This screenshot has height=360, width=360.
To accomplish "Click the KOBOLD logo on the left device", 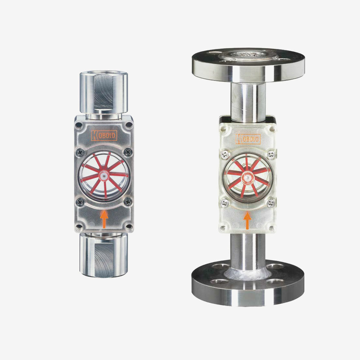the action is tap(104, 135).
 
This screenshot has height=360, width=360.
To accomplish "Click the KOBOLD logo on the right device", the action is tap(248, 139).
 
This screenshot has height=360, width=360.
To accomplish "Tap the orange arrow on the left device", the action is tap(104, 219).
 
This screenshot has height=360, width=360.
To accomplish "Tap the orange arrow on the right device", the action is tap(247, 220).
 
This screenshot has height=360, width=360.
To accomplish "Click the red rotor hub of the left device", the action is tap(104, 176).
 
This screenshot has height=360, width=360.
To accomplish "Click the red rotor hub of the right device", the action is tap(247, 177).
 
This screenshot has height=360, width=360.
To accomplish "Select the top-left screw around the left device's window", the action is tap(80, 152).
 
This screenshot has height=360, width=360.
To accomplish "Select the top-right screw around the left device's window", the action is tap(128, 152).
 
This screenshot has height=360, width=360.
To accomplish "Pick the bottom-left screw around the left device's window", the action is tap(80, 202).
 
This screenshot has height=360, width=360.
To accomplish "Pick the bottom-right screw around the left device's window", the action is tap(128, 202).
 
